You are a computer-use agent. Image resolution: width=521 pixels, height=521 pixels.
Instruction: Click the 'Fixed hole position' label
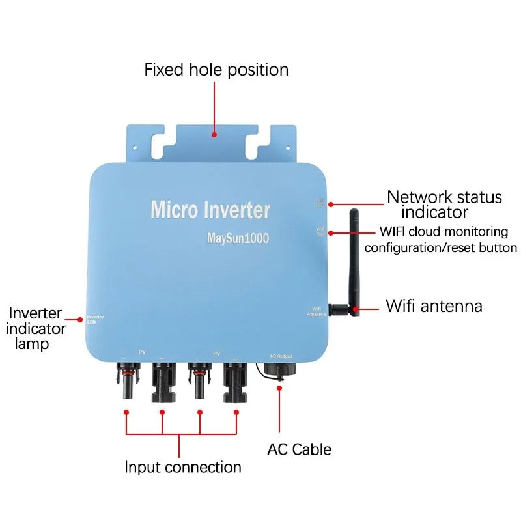216,70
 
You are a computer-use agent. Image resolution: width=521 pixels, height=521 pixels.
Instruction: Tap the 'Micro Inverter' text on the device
210,210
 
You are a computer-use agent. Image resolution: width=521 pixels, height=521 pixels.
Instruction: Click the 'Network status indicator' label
444,204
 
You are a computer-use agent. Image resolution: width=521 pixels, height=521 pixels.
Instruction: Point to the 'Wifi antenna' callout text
434,305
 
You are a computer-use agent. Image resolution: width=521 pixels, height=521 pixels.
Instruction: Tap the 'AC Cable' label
299,449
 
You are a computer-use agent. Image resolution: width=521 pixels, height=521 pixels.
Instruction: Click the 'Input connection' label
182,467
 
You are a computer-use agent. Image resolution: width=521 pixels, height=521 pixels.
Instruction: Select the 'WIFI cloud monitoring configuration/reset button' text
440,239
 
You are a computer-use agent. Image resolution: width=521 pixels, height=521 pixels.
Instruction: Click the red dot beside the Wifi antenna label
356,306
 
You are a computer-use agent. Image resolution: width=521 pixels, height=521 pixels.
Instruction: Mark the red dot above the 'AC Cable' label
280,388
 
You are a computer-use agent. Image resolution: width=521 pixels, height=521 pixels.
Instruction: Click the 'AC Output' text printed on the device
281,356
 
